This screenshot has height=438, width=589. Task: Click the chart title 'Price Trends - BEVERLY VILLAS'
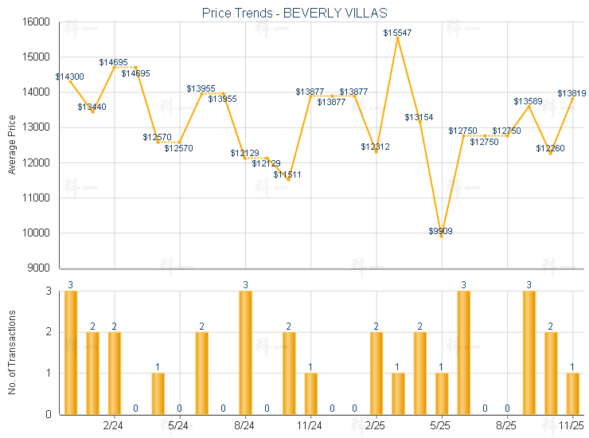click(294, 12)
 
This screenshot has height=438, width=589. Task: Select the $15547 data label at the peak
click(397, 33)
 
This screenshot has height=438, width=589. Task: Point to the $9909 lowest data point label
click(441, 231)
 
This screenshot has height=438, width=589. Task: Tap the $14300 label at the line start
click(69, 76)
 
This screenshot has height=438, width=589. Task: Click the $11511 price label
click(287, 174)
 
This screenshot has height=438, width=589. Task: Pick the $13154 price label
click(419, 117)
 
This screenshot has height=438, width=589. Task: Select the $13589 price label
click(528, 101)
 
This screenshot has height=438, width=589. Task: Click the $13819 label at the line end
click(571, 93)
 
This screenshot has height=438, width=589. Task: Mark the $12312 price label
click(375, 147)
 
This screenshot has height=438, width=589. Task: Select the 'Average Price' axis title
click(12, 145)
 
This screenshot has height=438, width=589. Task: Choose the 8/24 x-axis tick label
click(244, 426)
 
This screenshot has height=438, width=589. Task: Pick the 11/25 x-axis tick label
click(571, 426)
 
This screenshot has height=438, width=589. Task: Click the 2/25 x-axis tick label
click(376, 426)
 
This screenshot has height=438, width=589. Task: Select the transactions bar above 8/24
click(245, 353)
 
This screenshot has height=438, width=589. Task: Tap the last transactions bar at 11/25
click(572, 393)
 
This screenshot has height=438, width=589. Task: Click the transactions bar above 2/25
click(376, 373)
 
